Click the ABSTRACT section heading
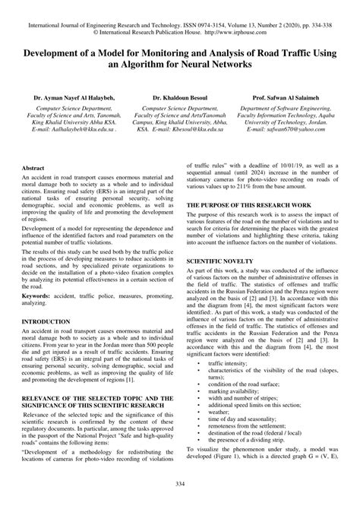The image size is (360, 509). coord(33,188)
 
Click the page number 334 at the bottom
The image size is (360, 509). coord(180,484)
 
